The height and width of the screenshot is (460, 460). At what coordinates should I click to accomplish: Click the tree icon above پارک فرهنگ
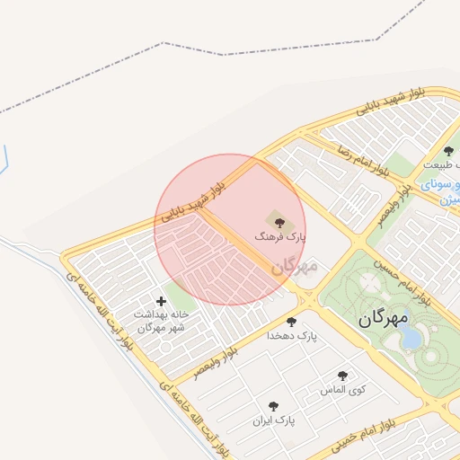tap(273, 219)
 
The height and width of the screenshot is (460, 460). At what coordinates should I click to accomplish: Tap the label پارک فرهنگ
tap(280, 235)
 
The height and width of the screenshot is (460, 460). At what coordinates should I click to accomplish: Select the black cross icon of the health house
tap(162, 301)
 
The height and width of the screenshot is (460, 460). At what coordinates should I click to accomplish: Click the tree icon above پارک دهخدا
tap(290, 321)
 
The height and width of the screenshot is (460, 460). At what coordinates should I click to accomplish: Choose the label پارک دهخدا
tap(292, 336)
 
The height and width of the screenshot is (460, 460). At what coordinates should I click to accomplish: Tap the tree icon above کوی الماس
tap(341, 376)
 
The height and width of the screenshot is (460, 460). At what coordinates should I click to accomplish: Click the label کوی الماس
tap(341, 391)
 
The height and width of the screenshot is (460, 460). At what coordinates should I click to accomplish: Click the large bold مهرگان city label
tap(383, 318)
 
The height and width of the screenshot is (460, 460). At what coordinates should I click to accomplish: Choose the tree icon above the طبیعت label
tap(448, 151)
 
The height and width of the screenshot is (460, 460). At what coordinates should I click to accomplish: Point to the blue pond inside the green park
tap(411, 335)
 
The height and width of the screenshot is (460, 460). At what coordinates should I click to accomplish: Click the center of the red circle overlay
tap(230, 229)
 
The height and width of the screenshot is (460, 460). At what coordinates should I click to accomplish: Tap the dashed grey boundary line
tap(162, 42)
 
